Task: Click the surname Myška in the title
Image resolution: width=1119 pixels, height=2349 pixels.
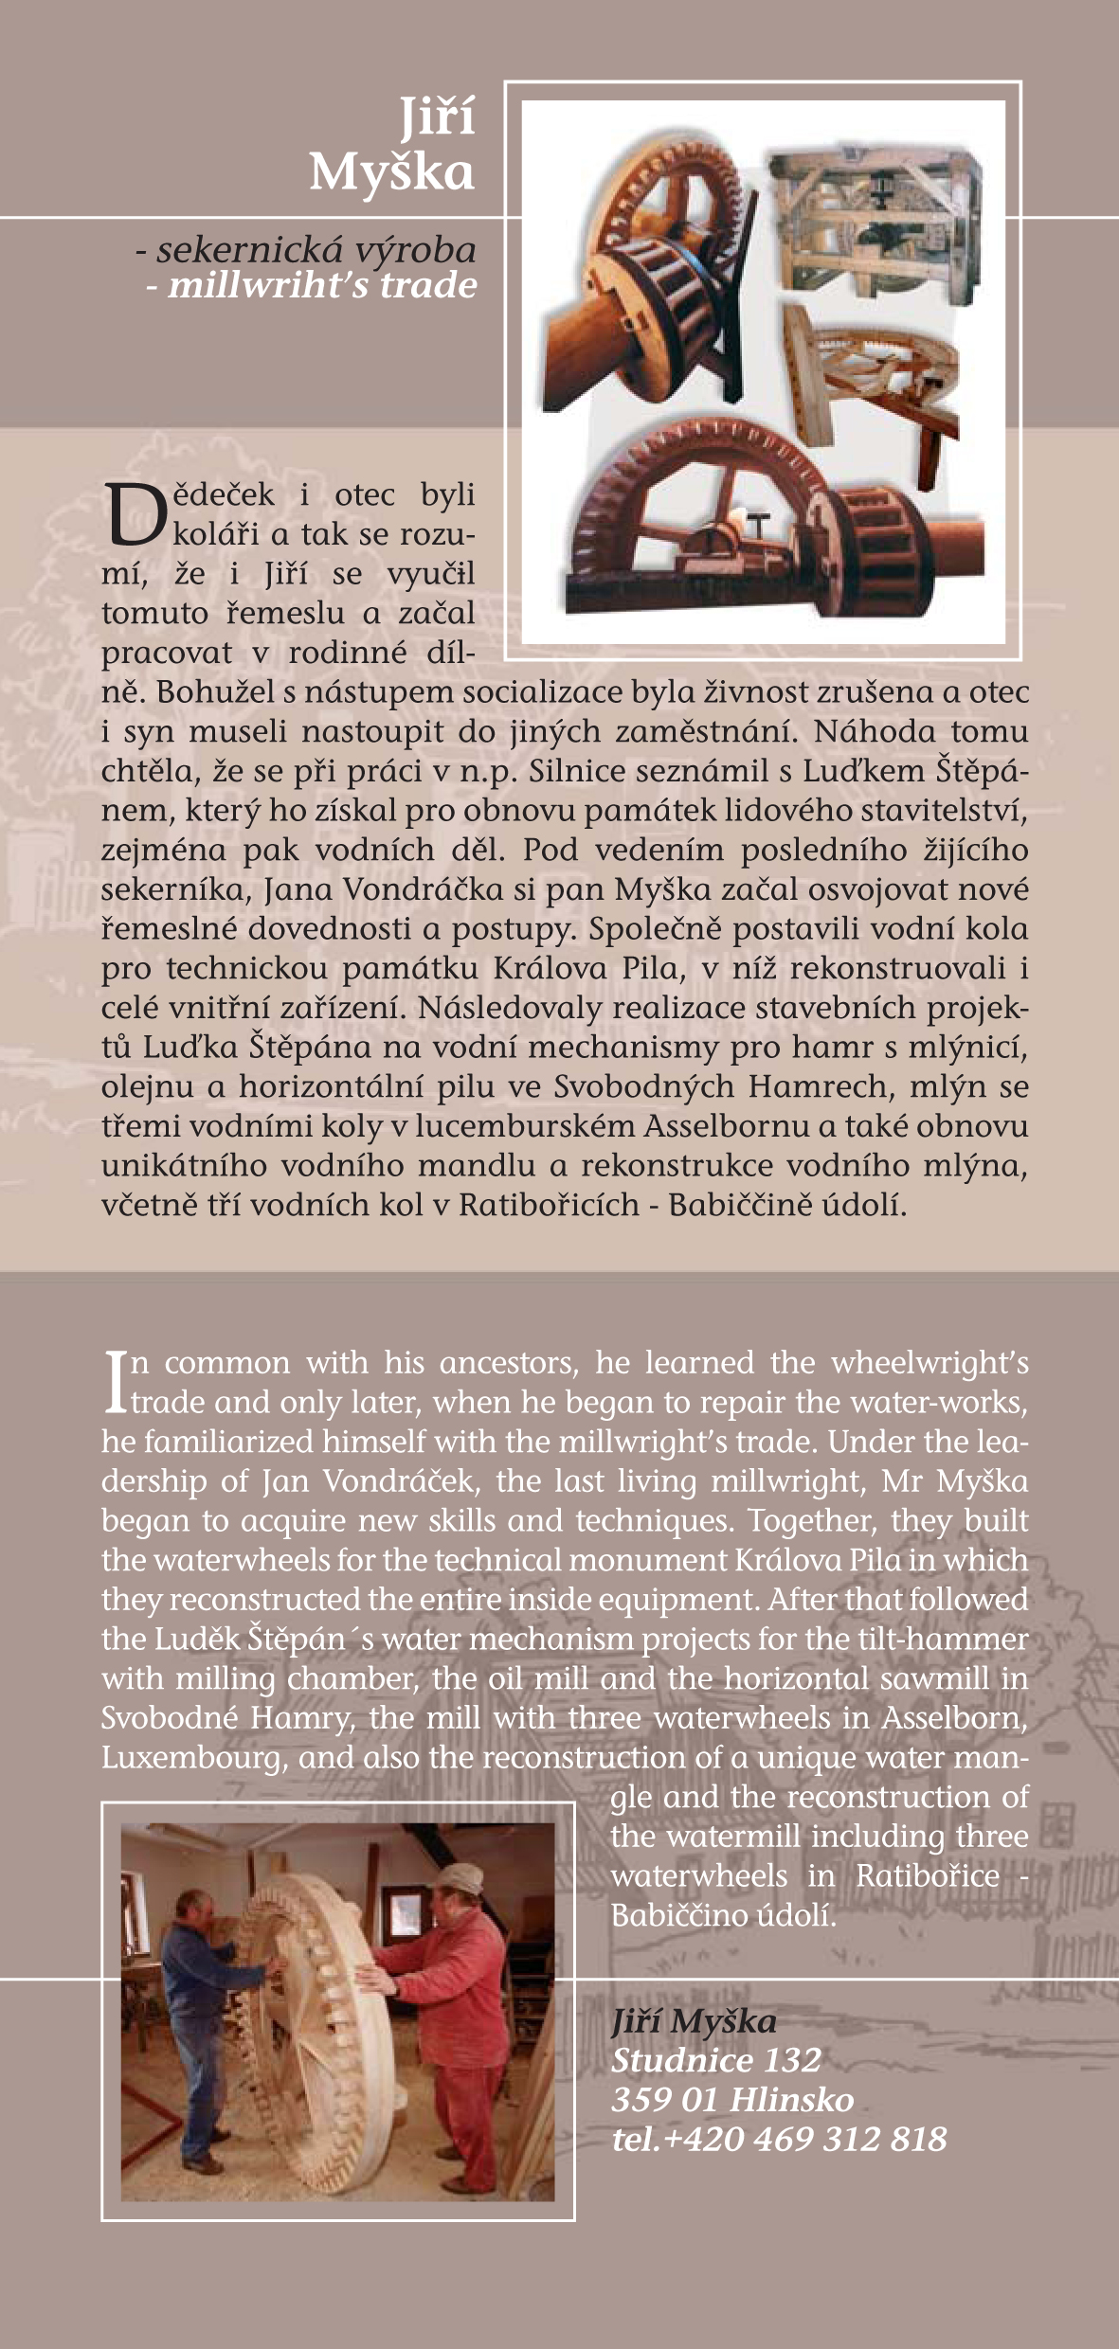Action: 391,172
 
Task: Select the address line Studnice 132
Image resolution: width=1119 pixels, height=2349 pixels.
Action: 715,2060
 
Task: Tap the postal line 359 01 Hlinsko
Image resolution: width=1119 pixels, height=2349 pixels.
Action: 731,2099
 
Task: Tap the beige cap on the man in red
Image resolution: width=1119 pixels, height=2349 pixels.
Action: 461,1874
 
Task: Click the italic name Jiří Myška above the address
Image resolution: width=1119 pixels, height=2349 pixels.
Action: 694,2021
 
